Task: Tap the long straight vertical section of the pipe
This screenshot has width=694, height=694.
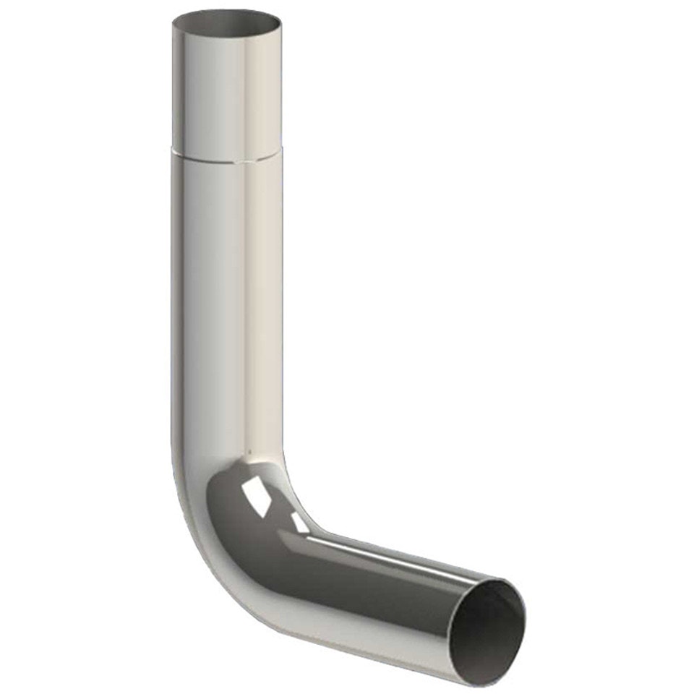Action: (x=226, y=304)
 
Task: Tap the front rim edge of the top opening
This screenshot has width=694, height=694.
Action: (x=226, y=37)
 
